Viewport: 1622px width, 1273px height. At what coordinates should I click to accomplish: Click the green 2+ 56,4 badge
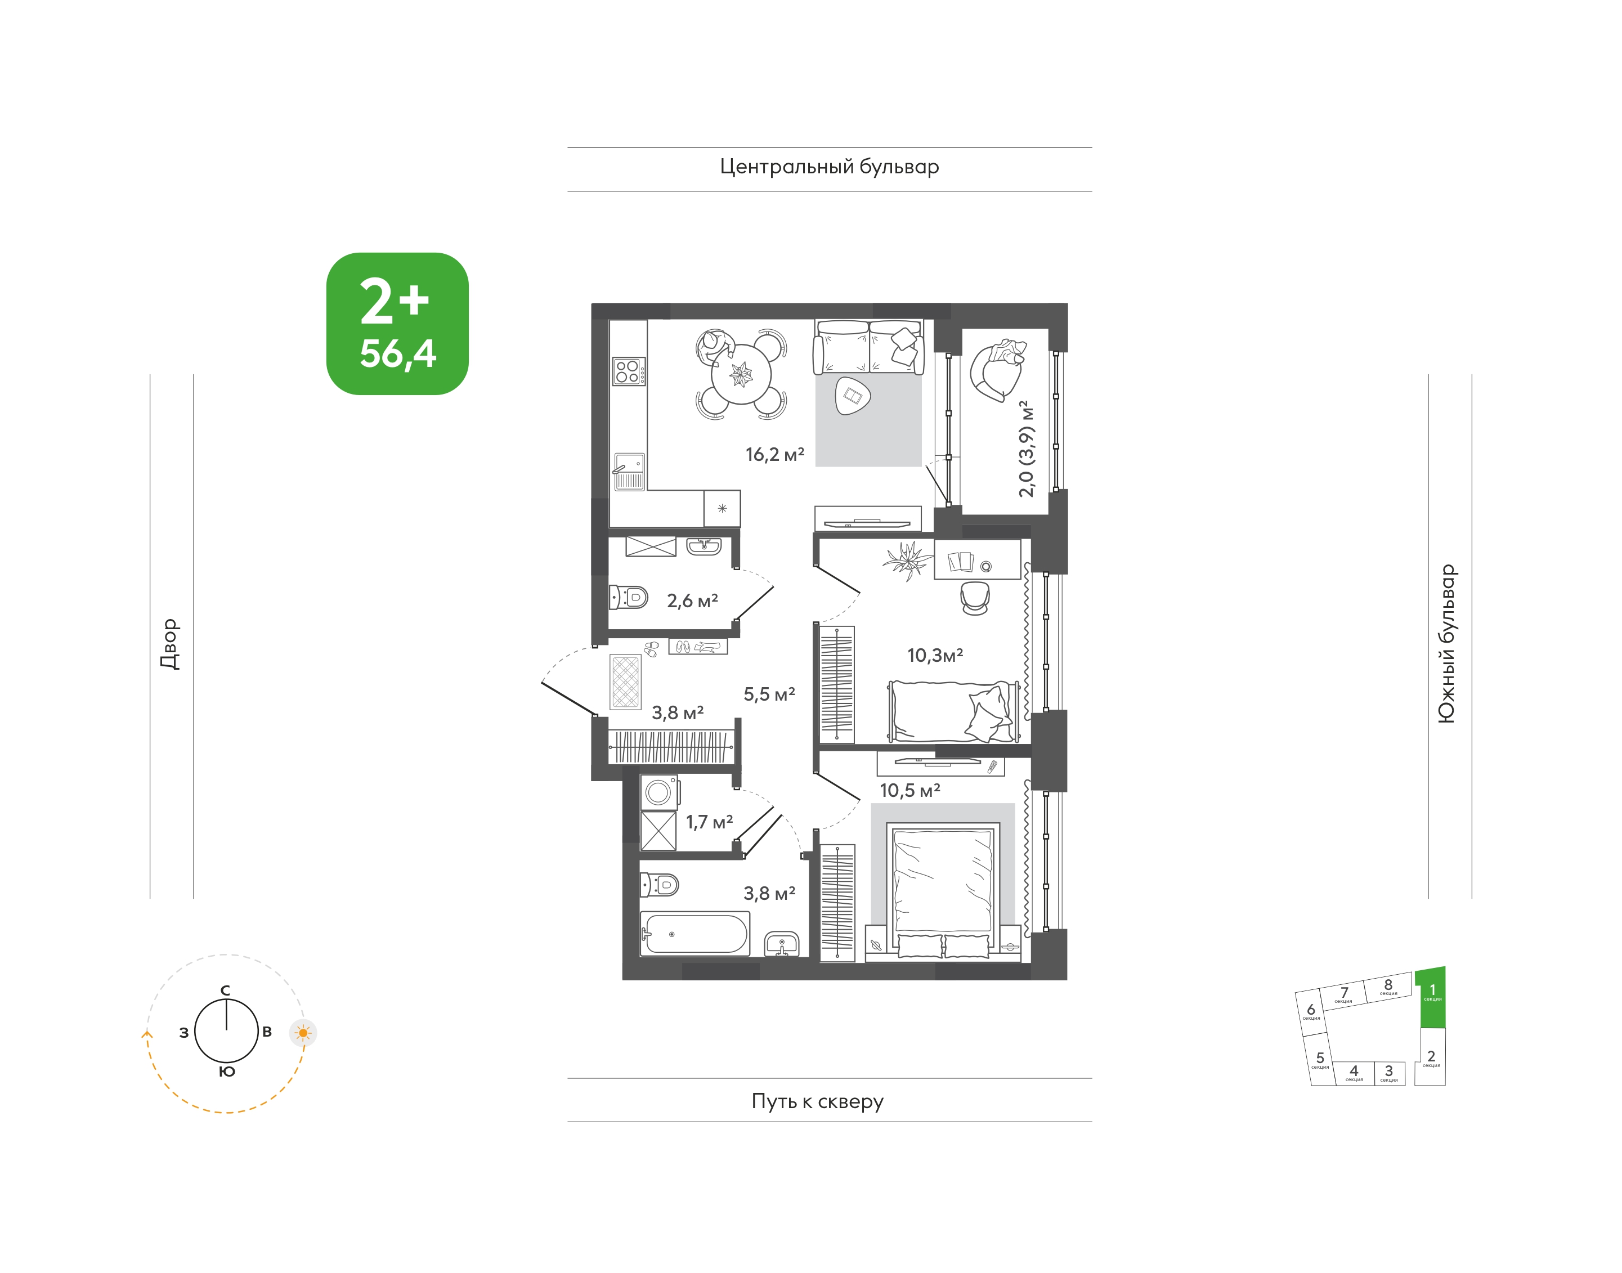coord(397,324)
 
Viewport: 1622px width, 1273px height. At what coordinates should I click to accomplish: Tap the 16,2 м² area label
coord(774,454)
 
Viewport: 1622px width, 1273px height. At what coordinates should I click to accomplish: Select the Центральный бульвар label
coord(829,166)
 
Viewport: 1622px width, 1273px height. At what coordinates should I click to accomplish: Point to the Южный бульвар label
coord(1446,643)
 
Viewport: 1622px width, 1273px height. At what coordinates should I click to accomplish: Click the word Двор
coord(170,644)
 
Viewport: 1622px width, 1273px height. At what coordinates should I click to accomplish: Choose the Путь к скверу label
coord(817,1101)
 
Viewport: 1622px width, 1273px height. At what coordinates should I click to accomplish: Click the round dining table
coord(741,374)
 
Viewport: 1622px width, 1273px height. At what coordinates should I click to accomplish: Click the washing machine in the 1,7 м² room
coord(660,792)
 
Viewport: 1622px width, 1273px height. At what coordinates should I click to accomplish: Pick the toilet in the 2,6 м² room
coord(629,597)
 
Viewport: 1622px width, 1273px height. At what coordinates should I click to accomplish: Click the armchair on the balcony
coord(997,370)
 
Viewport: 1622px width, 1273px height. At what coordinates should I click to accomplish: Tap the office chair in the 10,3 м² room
coord(975,598)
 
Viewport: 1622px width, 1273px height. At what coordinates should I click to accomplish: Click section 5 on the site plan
coord(1320,1059)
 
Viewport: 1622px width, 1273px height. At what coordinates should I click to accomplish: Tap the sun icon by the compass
coord(303,1033)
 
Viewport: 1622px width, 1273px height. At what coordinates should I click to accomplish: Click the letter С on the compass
coord(225,990)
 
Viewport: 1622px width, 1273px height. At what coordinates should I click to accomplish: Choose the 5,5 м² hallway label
coord(769,694)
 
